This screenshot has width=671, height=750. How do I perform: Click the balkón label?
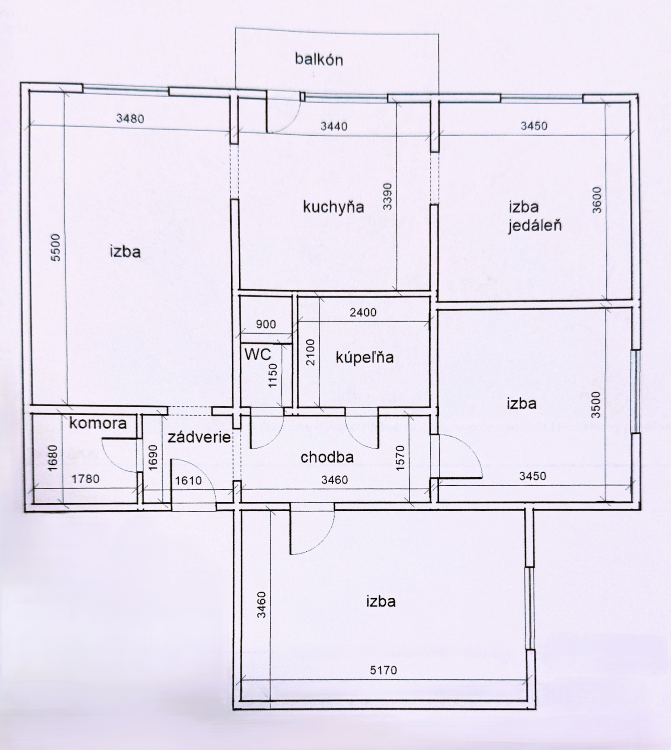319,59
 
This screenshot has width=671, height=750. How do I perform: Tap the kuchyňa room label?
333,207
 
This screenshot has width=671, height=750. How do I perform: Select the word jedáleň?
535,225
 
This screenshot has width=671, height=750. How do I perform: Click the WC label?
258,354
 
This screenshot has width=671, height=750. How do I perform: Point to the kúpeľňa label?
365,357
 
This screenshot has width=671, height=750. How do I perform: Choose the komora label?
98,423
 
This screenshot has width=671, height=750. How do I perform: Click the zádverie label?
199,437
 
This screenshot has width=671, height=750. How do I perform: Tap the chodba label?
327,457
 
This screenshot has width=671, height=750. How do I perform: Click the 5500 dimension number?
55,248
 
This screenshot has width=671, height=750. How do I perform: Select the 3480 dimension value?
130,118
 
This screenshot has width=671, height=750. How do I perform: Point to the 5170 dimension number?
383,670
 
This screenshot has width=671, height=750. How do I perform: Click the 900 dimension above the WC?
266,324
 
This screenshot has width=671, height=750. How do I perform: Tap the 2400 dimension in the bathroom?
363,312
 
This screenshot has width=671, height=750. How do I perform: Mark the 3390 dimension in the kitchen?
387,196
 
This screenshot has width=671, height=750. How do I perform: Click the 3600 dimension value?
597,200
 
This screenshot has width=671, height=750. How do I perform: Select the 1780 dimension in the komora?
86,479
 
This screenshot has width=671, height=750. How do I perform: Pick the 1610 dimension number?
188,480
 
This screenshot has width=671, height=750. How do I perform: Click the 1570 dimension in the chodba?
400,458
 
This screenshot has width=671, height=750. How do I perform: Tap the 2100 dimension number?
310,352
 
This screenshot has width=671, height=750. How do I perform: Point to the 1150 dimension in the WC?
273,375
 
